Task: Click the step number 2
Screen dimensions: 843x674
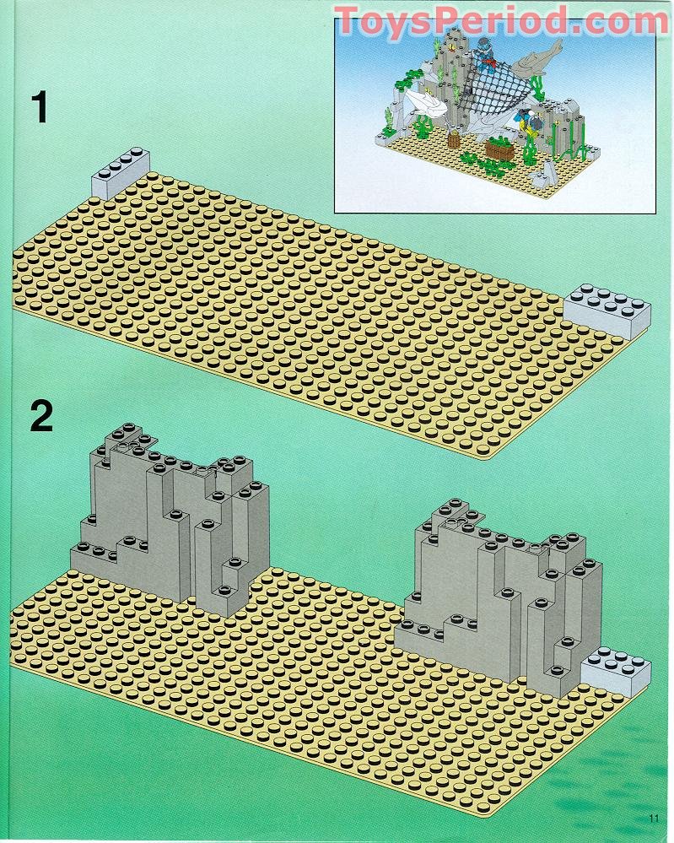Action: click(x=41, y=417)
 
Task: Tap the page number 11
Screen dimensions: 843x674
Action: click(x=654, y=817)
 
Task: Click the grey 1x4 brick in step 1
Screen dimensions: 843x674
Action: click(x=120, y=175)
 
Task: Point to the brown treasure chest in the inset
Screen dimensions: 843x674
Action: click(x=499, y=151)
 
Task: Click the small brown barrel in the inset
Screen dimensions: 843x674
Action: click(x=454, y=138)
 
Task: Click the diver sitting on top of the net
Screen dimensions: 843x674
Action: click(x=484, y=52)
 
